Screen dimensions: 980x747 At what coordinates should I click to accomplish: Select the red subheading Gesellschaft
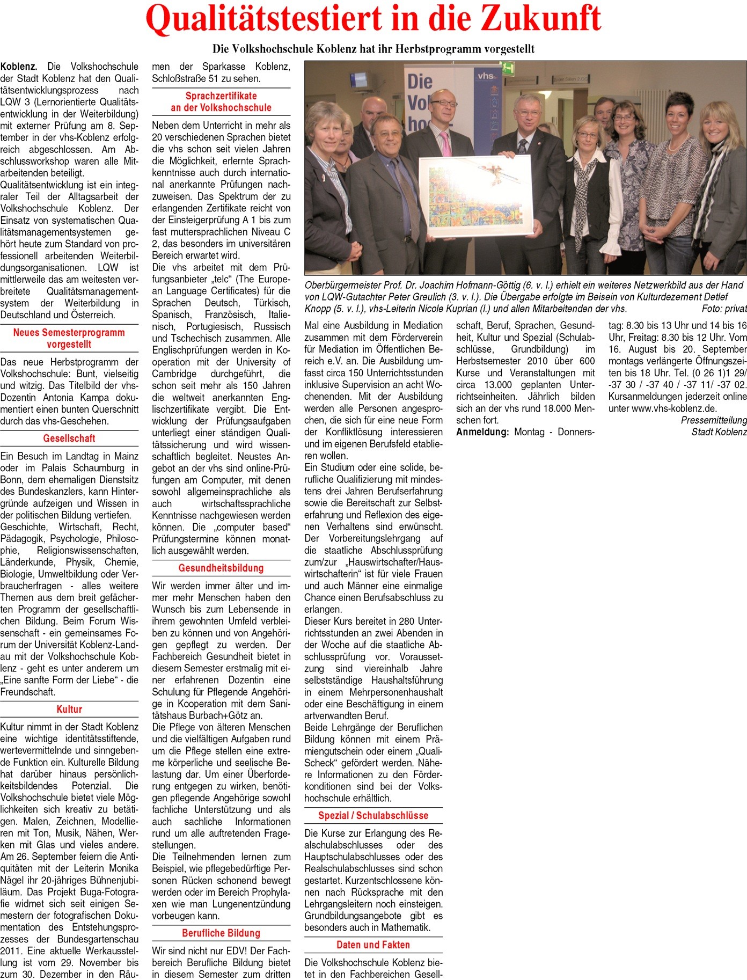69,438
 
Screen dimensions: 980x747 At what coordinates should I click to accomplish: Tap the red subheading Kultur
69,709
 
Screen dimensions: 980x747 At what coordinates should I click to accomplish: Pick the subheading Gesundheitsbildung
221,568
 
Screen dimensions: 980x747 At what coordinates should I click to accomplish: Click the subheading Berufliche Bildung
221,933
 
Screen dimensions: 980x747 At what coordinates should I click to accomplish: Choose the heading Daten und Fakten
373,945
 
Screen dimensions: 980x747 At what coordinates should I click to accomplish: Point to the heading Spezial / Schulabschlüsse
373,815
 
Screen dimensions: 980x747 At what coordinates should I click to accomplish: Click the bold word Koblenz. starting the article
19,67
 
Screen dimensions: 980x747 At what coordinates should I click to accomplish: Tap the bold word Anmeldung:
482,432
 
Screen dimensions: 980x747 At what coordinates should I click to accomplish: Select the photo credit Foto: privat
724,309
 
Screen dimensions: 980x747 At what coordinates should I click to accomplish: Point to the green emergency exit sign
508,68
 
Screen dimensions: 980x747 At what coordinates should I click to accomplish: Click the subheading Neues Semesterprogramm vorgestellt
69,338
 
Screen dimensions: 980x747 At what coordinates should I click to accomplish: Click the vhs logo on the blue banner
486,77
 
